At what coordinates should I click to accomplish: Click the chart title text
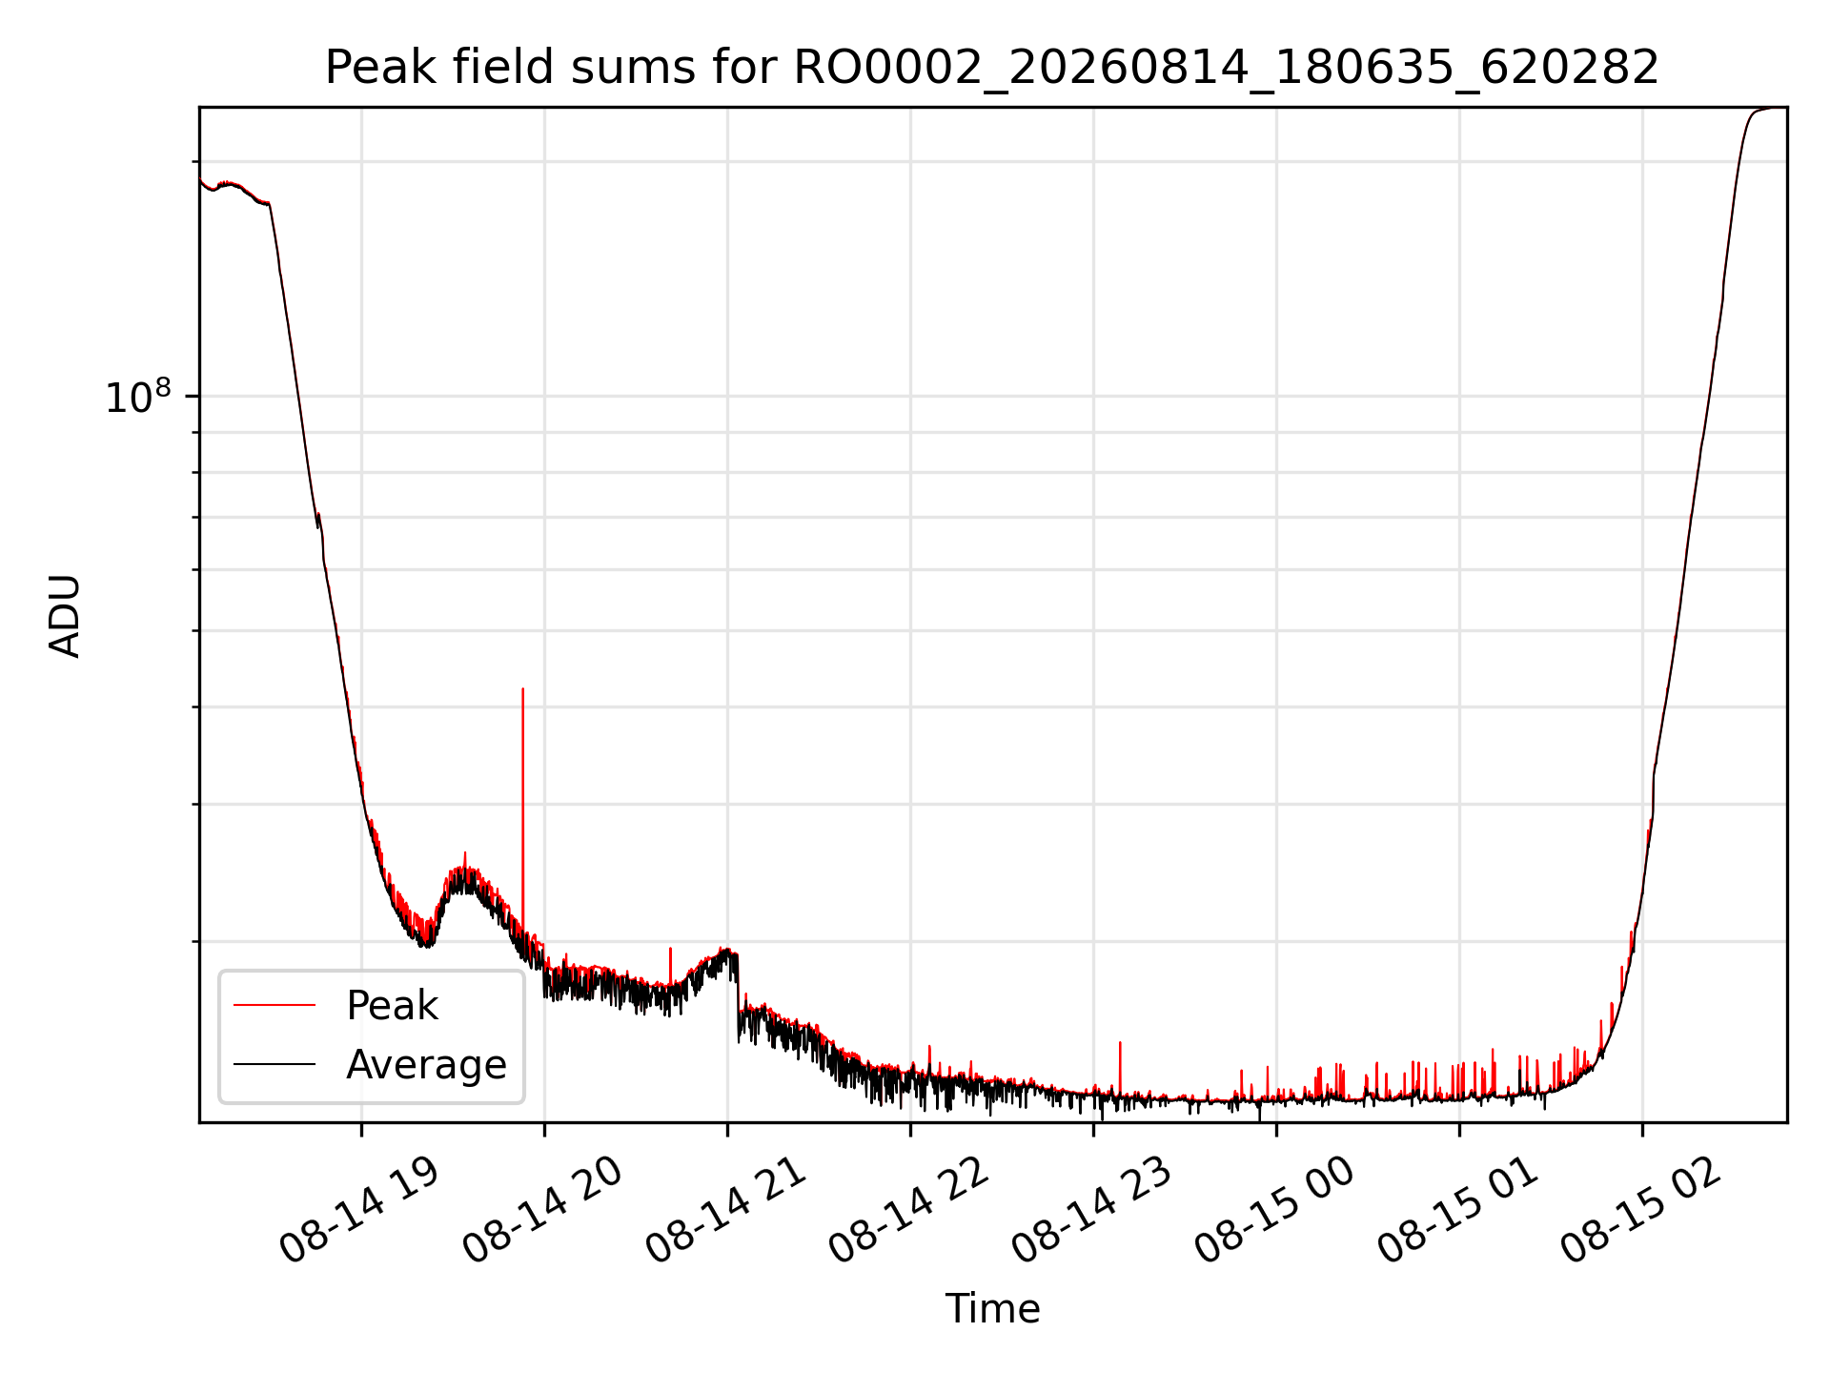tap(992, 68)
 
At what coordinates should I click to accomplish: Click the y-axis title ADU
tap(65, 616)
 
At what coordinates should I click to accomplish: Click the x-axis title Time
tap(992, 1308)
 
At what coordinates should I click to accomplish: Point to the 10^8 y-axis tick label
tap(138, 396)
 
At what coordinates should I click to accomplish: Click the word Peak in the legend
tap(392, 1006)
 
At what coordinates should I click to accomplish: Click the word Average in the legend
tap(426, 1064)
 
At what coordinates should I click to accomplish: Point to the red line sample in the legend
tap(274, 1005)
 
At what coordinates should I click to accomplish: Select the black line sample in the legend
tap(274, 1063)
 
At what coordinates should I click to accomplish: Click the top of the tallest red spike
tap(522, 688)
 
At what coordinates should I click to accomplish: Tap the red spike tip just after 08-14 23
tap(1120, 1042)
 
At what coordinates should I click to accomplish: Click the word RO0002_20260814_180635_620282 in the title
tap(1226, 69)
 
